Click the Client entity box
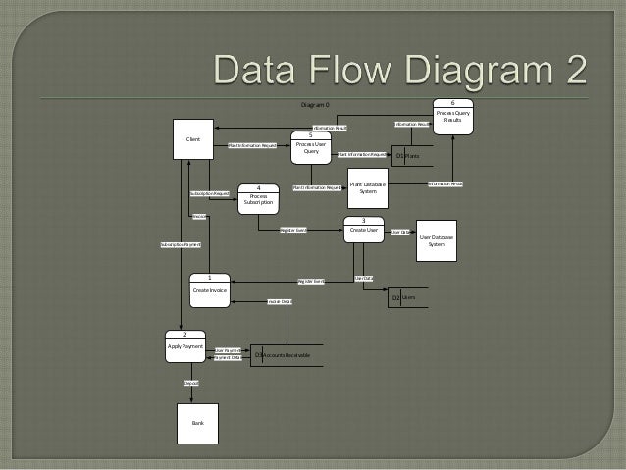point(193,139)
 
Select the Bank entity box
point(198,423)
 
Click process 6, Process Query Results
point(453,117)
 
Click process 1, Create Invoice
point(210,289)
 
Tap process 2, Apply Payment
point(185,346)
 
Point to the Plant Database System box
point(368,187)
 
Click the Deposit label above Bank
point(191,382)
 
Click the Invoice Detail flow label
point(280,301)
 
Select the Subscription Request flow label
point(210,194)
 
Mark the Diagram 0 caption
point(315,103)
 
